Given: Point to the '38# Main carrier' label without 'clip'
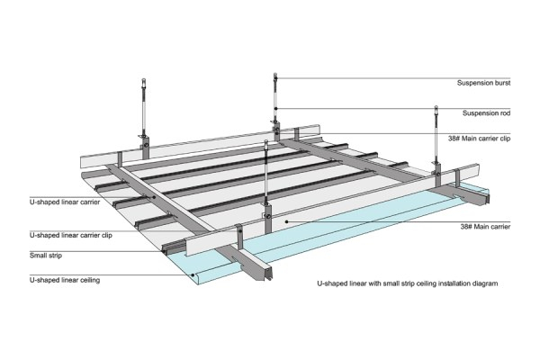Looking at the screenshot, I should [484, 229].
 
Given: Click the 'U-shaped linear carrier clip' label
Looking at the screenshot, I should [71, 234].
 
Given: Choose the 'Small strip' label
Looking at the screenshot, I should [48, 256].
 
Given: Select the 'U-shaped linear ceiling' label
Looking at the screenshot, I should [65, 280].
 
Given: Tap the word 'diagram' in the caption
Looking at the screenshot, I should [483, 283].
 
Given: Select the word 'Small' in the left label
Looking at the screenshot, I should [39, 256].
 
